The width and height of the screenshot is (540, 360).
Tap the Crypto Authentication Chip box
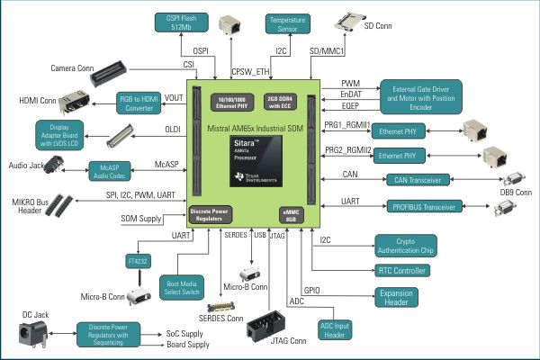tap(415, 245)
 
